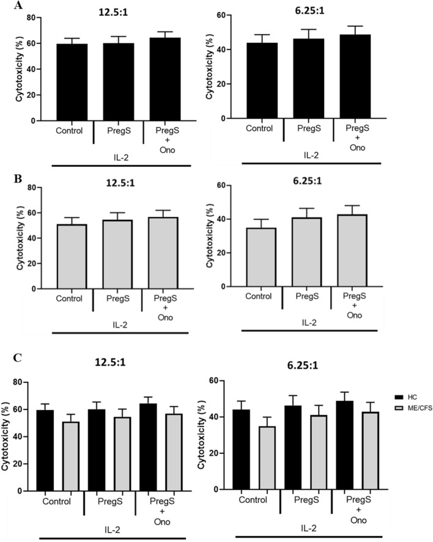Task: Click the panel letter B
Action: tap(6, 180)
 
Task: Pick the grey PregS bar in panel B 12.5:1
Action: tap(118, 253)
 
